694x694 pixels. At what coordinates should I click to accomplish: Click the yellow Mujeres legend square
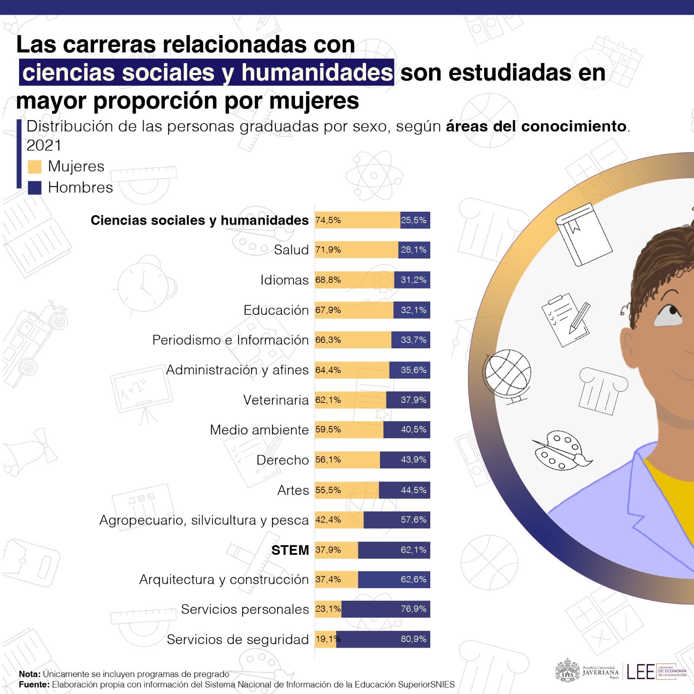click(x=34, y=167)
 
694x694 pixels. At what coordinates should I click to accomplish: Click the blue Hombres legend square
click(x=34, y=188)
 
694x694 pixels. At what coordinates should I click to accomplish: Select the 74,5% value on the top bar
click(x=328, y=220)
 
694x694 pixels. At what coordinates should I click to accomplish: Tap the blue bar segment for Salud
click(x=414, y=250)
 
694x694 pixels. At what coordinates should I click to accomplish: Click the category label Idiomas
click(x=285, y=280)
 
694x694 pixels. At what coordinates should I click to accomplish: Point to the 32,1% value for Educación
click(x=413, y=310)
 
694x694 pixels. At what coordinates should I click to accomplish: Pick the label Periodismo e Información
click(x=230, y=340)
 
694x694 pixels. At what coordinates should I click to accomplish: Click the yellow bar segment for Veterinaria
click(x=350, y=400)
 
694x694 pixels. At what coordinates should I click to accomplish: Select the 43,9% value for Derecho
click(x=413, y=460)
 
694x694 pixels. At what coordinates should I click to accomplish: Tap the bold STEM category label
click(x=290, y=550)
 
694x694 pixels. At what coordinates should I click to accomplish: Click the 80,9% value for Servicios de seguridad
click(x=413, y=639)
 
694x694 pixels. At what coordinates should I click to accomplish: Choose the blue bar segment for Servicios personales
click(x=385, y=609)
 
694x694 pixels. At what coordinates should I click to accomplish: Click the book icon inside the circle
click(x=584, y=234)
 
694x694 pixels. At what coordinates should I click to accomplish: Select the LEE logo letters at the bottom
click(x=640, y=672)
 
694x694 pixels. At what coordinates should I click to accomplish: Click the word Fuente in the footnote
click(x=34, y=685)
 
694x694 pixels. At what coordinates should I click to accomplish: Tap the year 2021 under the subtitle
click(x=44, y=146)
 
